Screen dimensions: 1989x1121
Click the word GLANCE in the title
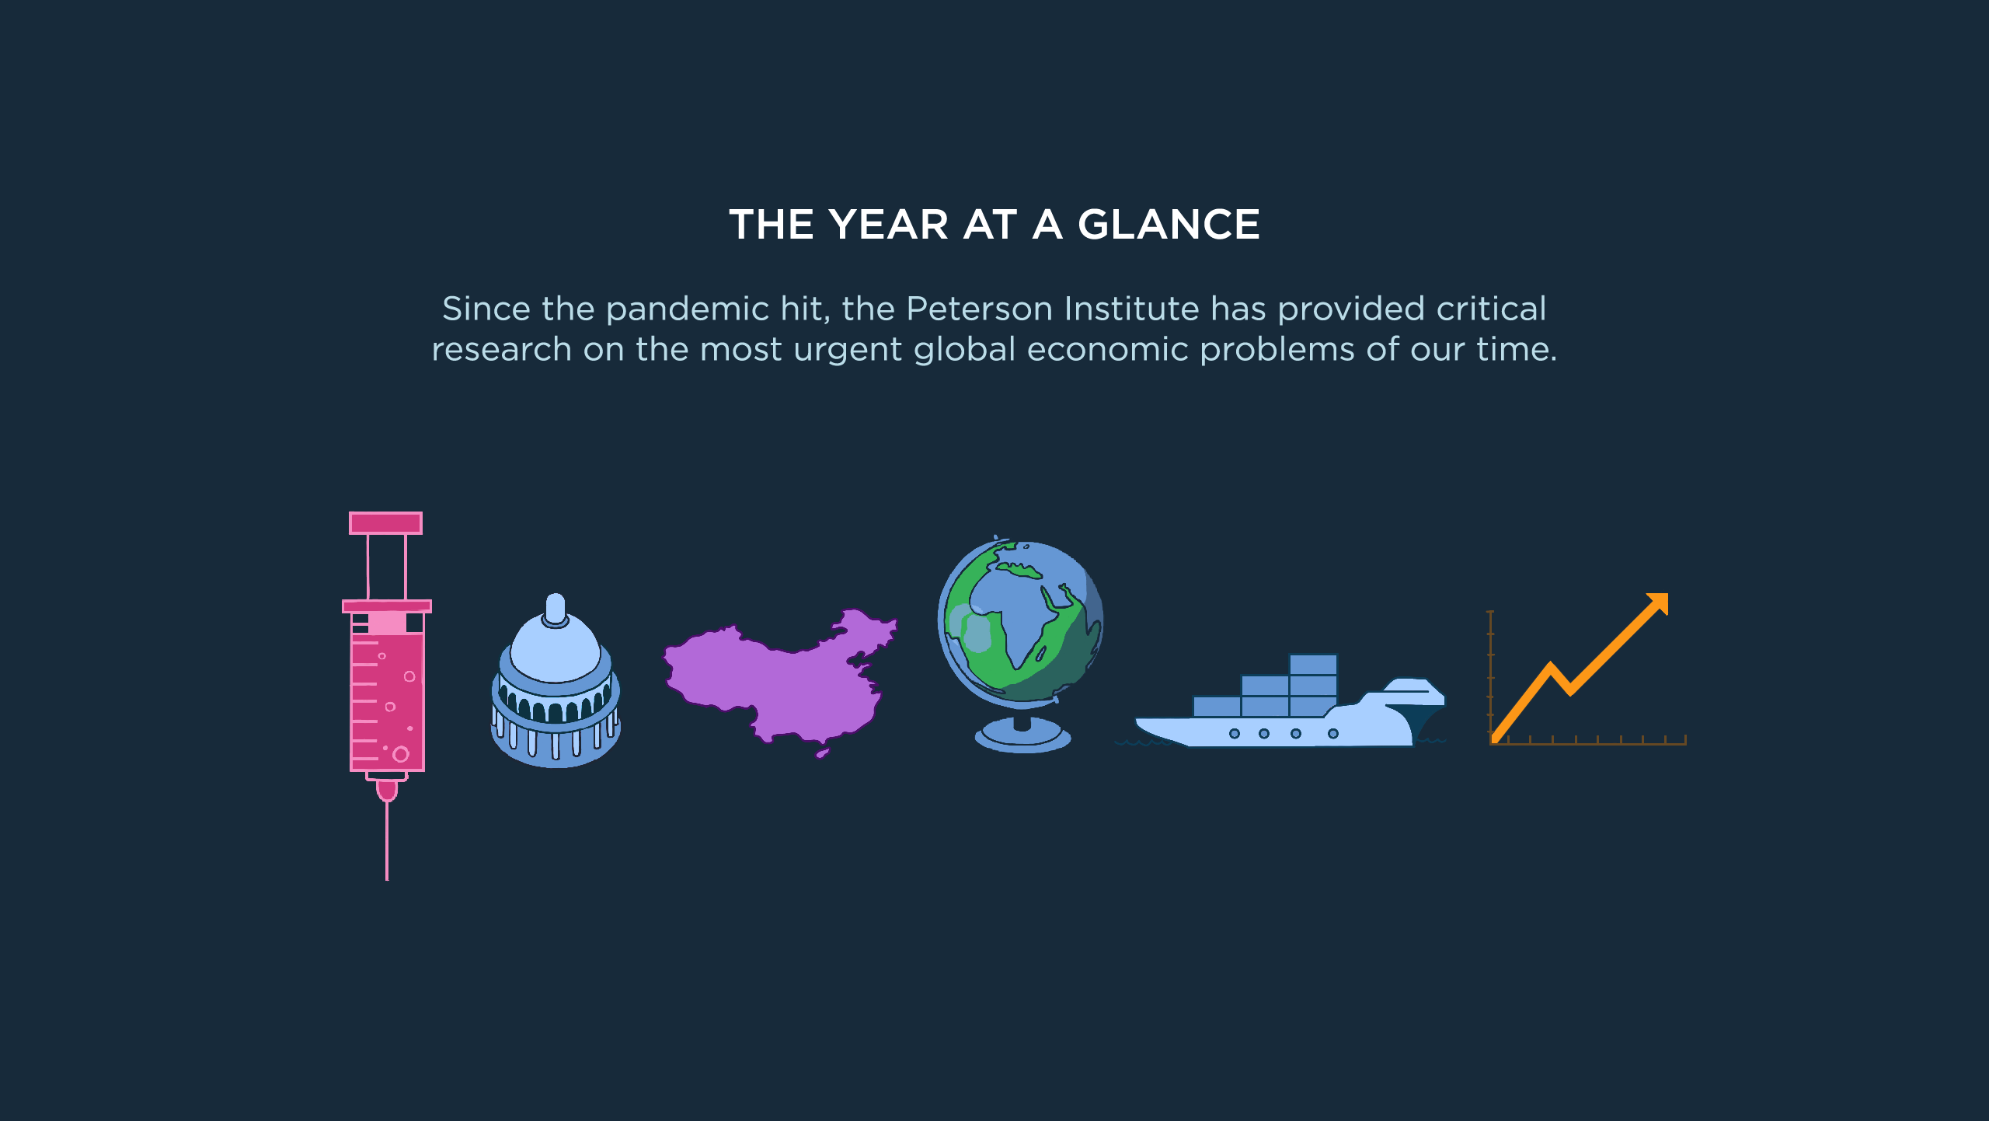coord(1169,225)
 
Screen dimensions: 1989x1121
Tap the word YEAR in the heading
coord(889,225)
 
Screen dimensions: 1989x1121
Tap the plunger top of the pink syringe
coord(385,523)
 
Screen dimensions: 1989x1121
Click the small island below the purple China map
coord(823,753)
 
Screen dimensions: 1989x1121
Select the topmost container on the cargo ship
coord(1313,665)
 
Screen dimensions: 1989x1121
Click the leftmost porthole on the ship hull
coord(1234,734)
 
